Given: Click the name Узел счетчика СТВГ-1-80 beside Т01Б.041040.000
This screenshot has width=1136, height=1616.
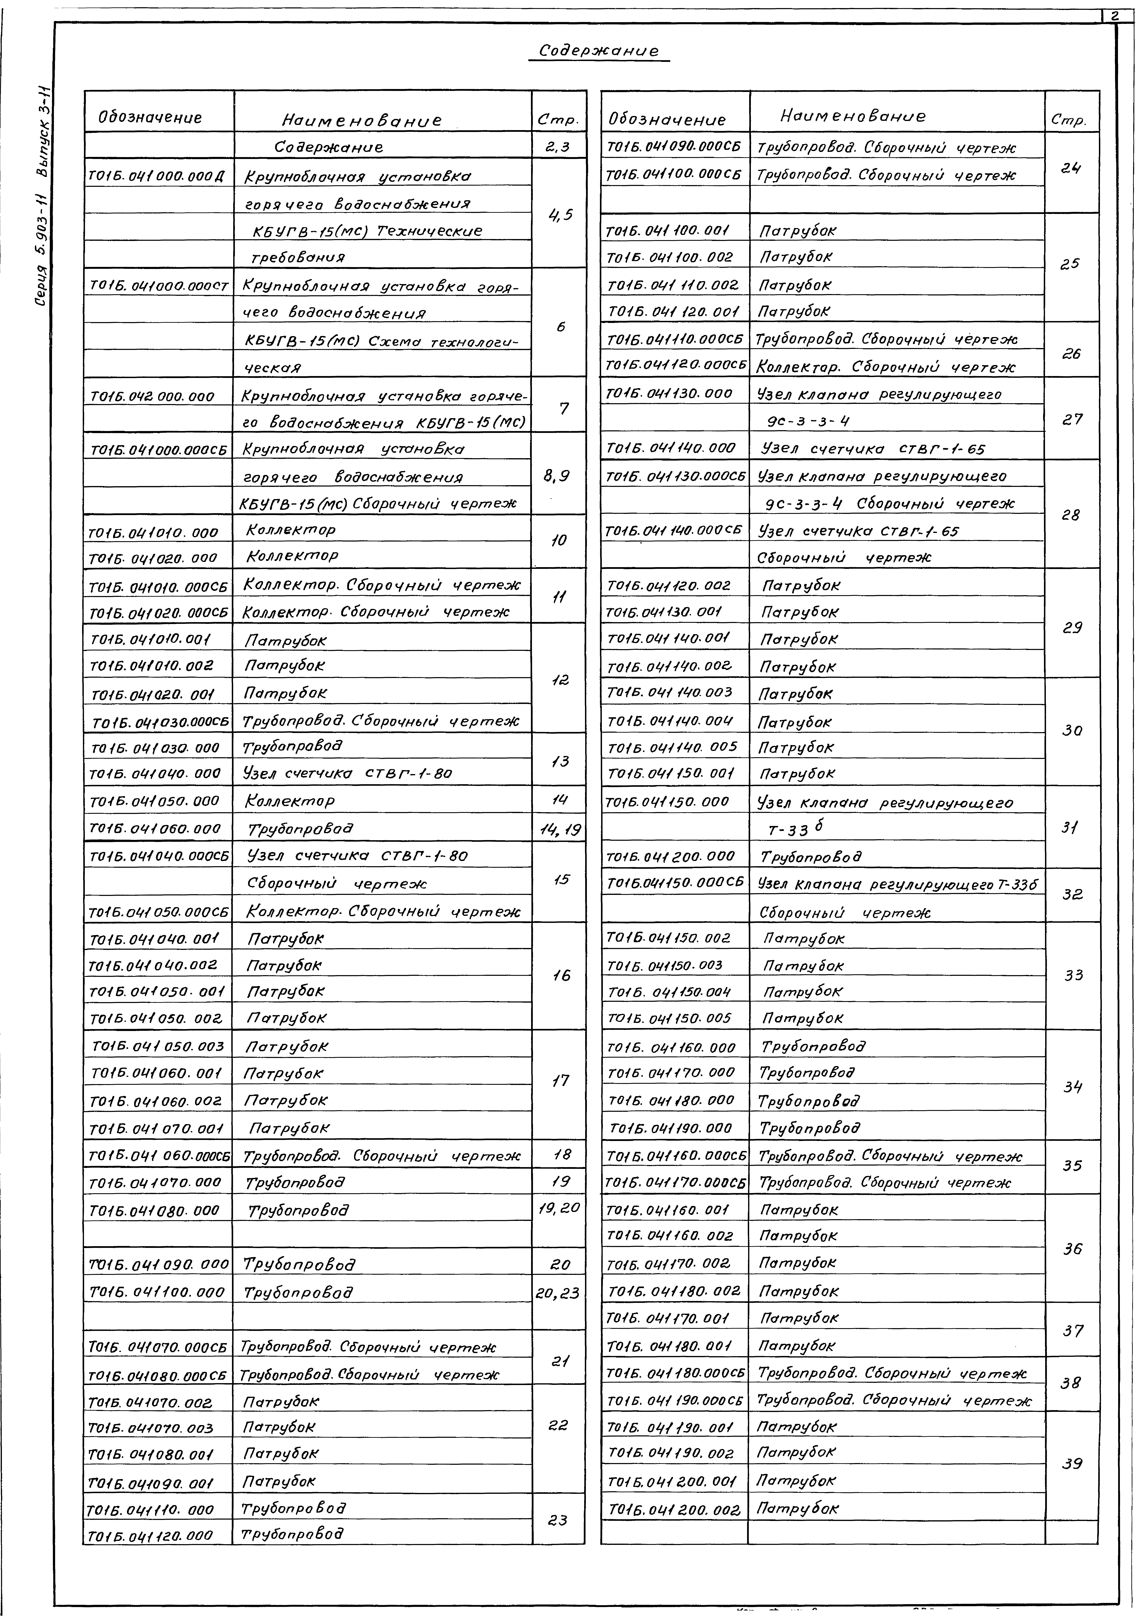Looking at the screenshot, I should [349, 774].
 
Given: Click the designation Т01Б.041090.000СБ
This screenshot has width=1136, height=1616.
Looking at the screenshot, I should [673, 147].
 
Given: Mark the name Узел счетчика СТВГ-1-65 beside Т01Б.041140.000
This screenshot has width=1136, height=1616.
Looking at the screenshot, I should [872, 448].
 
